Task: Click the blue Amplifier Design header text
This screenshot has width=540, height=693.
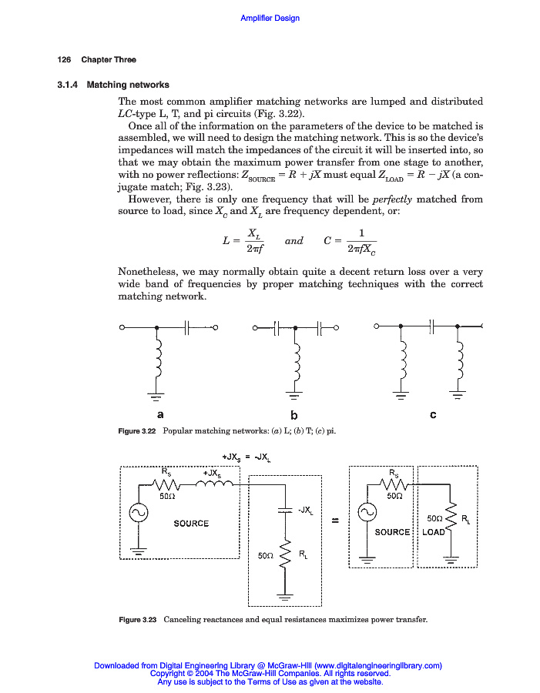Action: pyautogui.click(x=270, y=18)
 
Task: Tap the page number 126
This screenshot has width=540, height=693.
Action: pyautogui.click(x=64, y=60)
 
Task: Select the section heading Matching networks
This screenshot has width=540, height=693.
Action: pyautogui.click(x=128, y=85)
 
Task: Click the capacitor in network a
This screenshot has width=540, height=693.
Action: pyautogui.click(x=187, y=327)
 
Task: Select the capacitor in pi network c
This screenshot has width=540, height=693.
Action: pyautogui.click(x=432, y=327)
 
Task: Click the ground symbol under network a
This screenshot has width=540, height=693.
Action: pyautogui.click(x=157, y=398)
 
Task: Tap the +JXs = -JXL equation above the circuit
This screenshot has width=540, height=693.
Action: pyautogui.click(x=246, y=456)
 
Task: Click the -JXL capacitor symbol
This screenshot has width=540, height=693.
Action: pyautogui.click(x=285, y=510)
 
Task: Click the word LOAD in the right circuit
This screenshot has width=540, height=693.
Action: pyautogui.click(x=434, y=532)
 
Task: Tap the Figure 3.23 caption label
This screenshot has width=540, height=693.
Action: pyautogui.click(x=138, y=620)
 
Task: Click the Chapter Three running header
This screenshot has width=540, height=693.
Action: pyautogui.click(x=109, y=60)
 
